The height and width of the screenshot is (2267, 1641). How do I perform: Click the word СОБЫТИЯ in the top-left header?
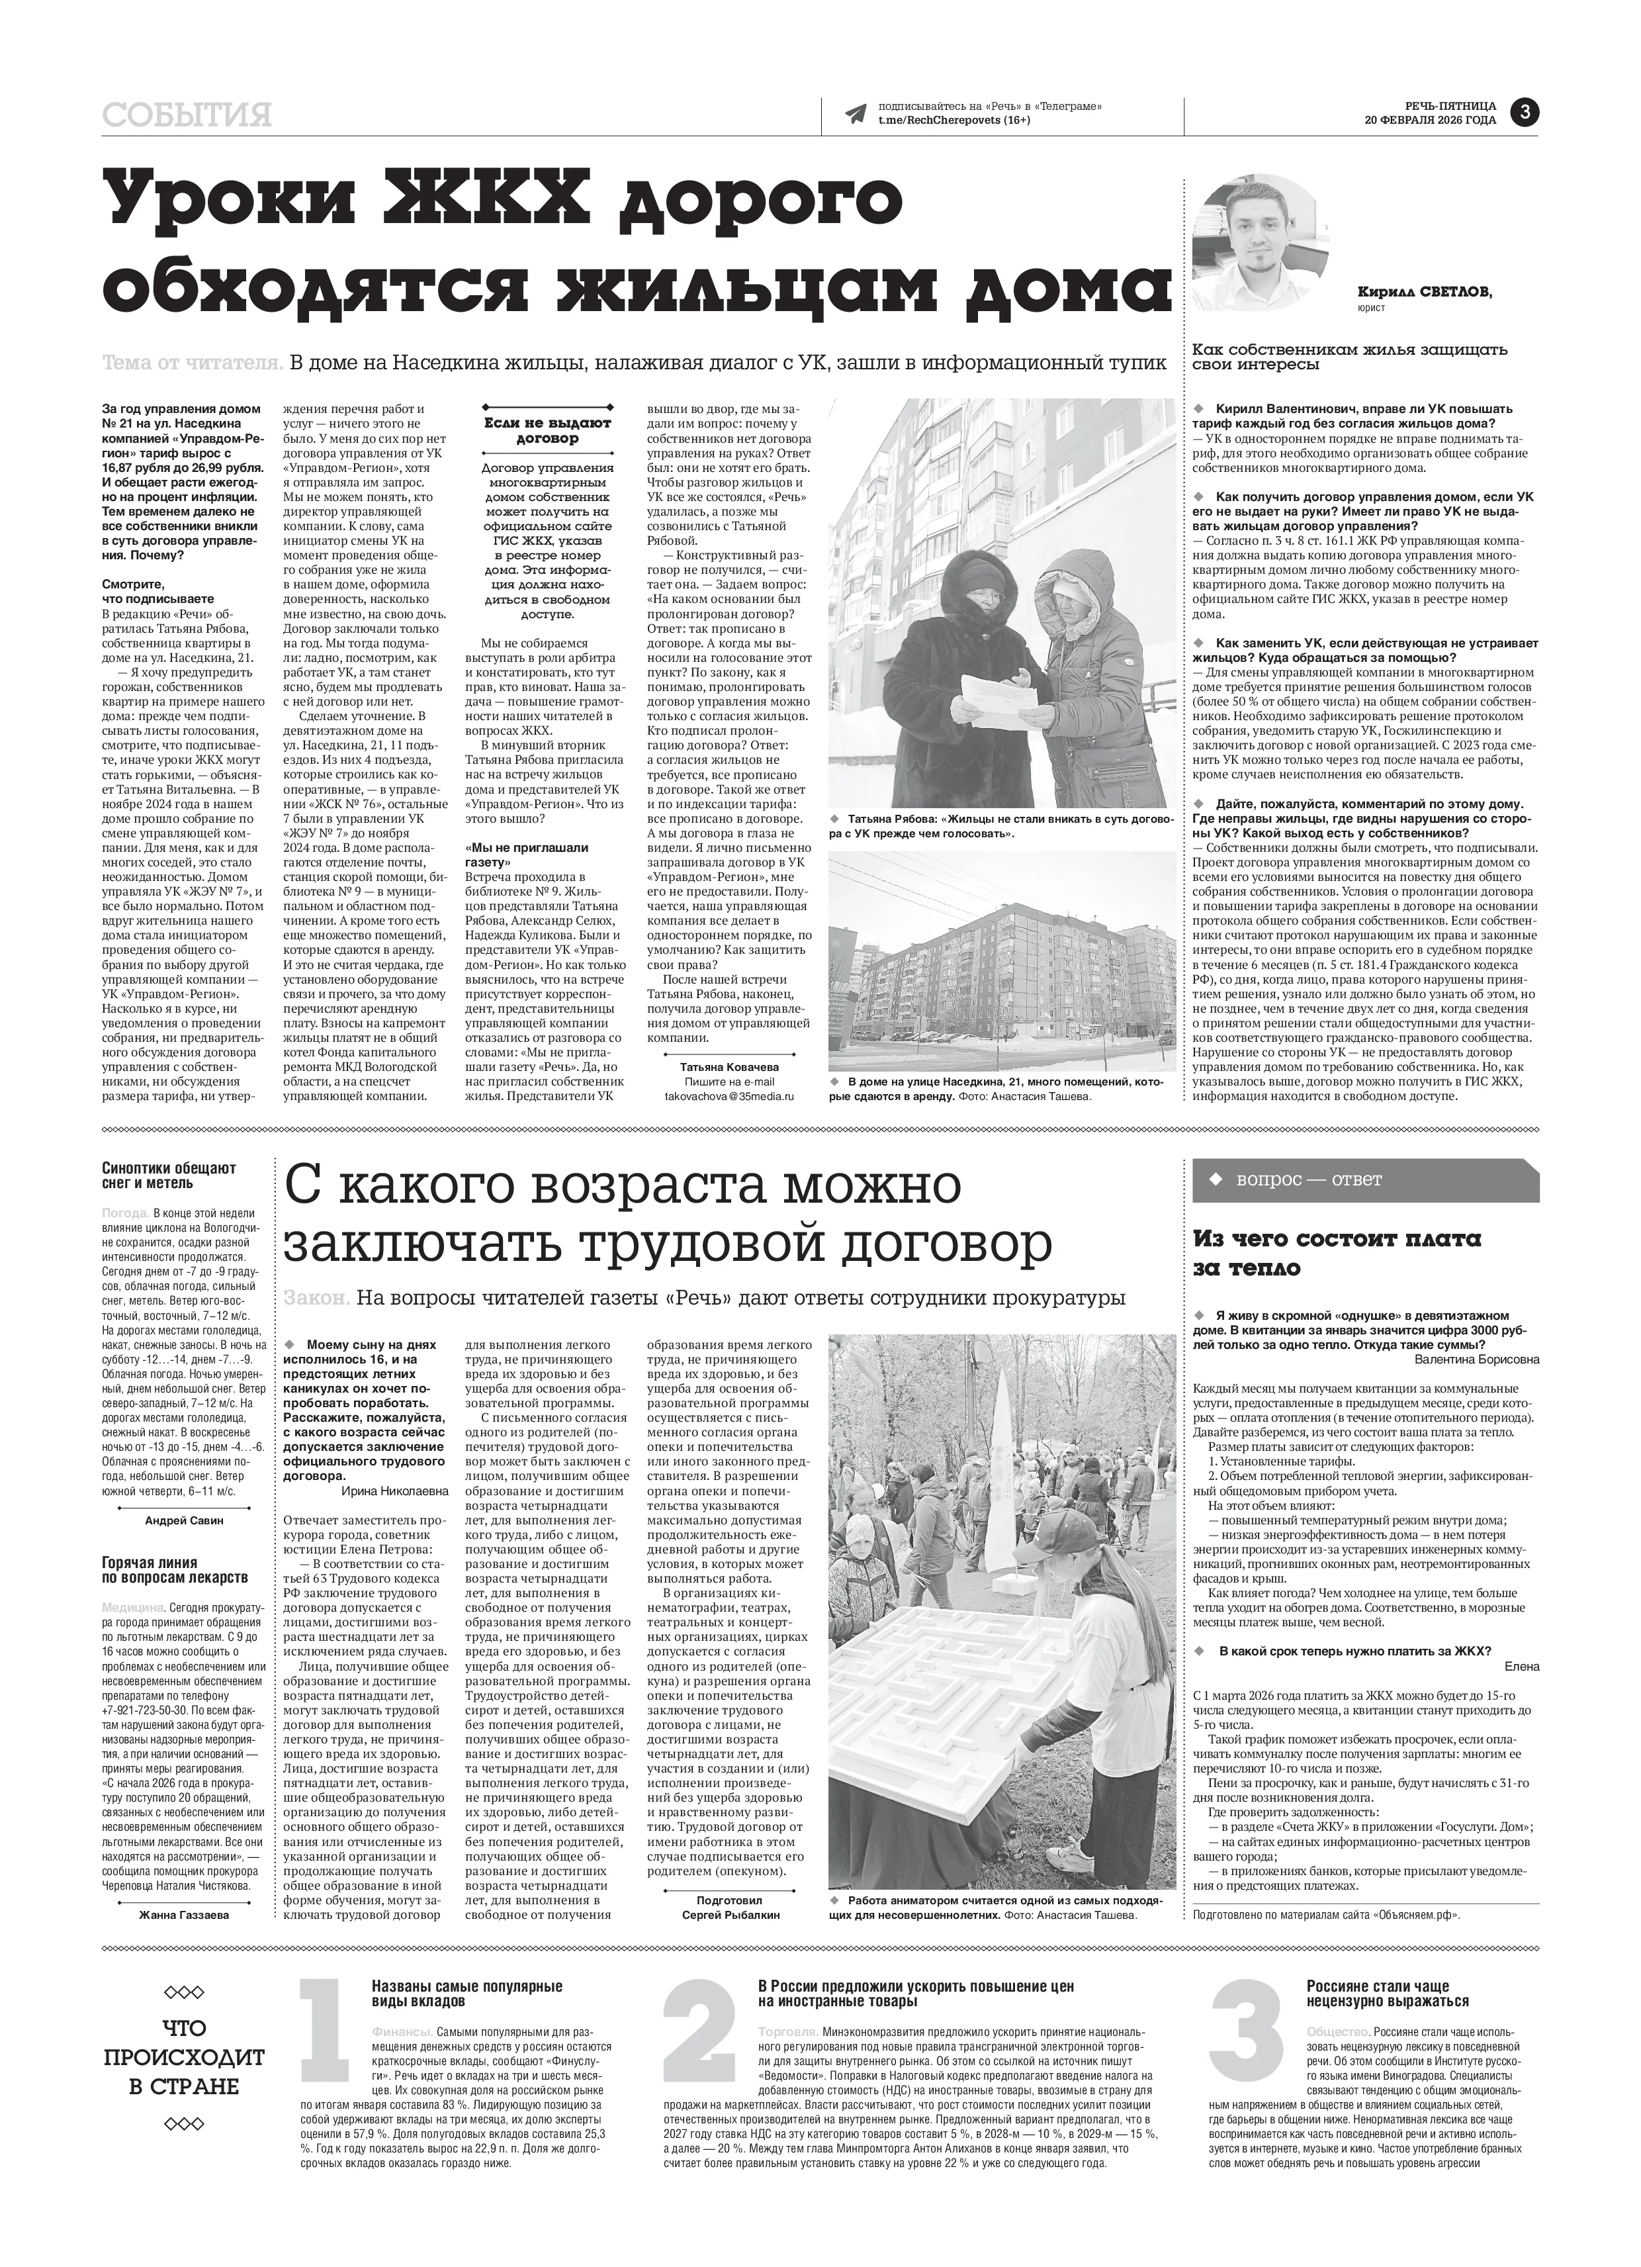coord(187,116)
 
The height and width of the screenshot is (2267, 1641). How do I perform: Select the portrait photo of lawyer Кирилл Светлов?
coord(1261,245)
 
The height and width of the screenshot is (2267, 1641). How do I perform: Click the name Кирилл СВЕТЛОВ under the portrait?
coord(1424,292)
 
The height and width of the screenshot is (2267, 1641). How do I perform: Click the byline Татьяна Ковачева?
coord(729,1066)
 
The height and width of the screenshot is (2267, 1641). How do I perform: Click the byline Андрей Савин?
coord(184,1520)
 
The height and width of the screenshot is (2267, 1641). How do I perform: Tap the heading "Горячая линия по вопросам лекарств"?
coord(174,1570)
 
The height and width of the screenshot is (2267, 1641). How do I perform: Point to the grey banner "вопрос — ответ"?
coord(1365,1180)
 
